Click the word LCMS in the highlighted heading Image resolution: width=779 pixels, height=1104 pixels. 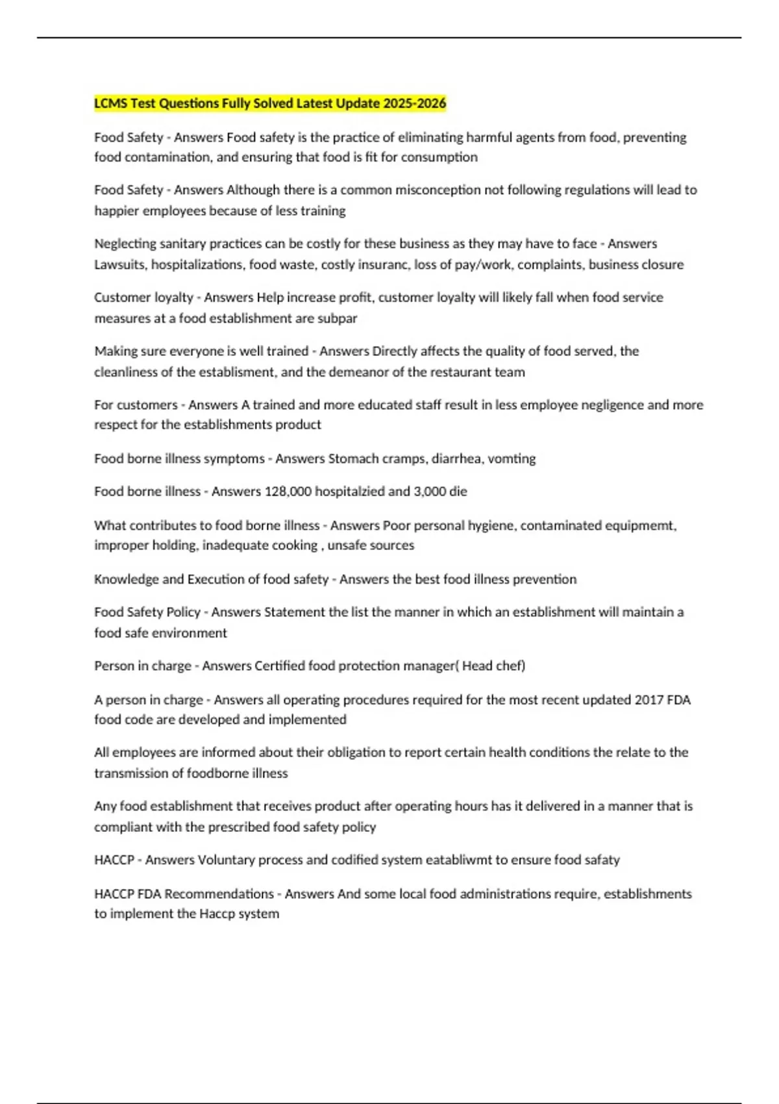point(110,103)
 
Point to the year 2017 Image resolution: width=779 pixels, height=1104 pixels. point(649,700)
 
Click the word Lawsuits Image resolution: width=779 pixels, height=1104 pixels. point(120,265)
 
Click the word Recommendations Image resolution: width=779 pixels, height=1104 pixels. point(219,894)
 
